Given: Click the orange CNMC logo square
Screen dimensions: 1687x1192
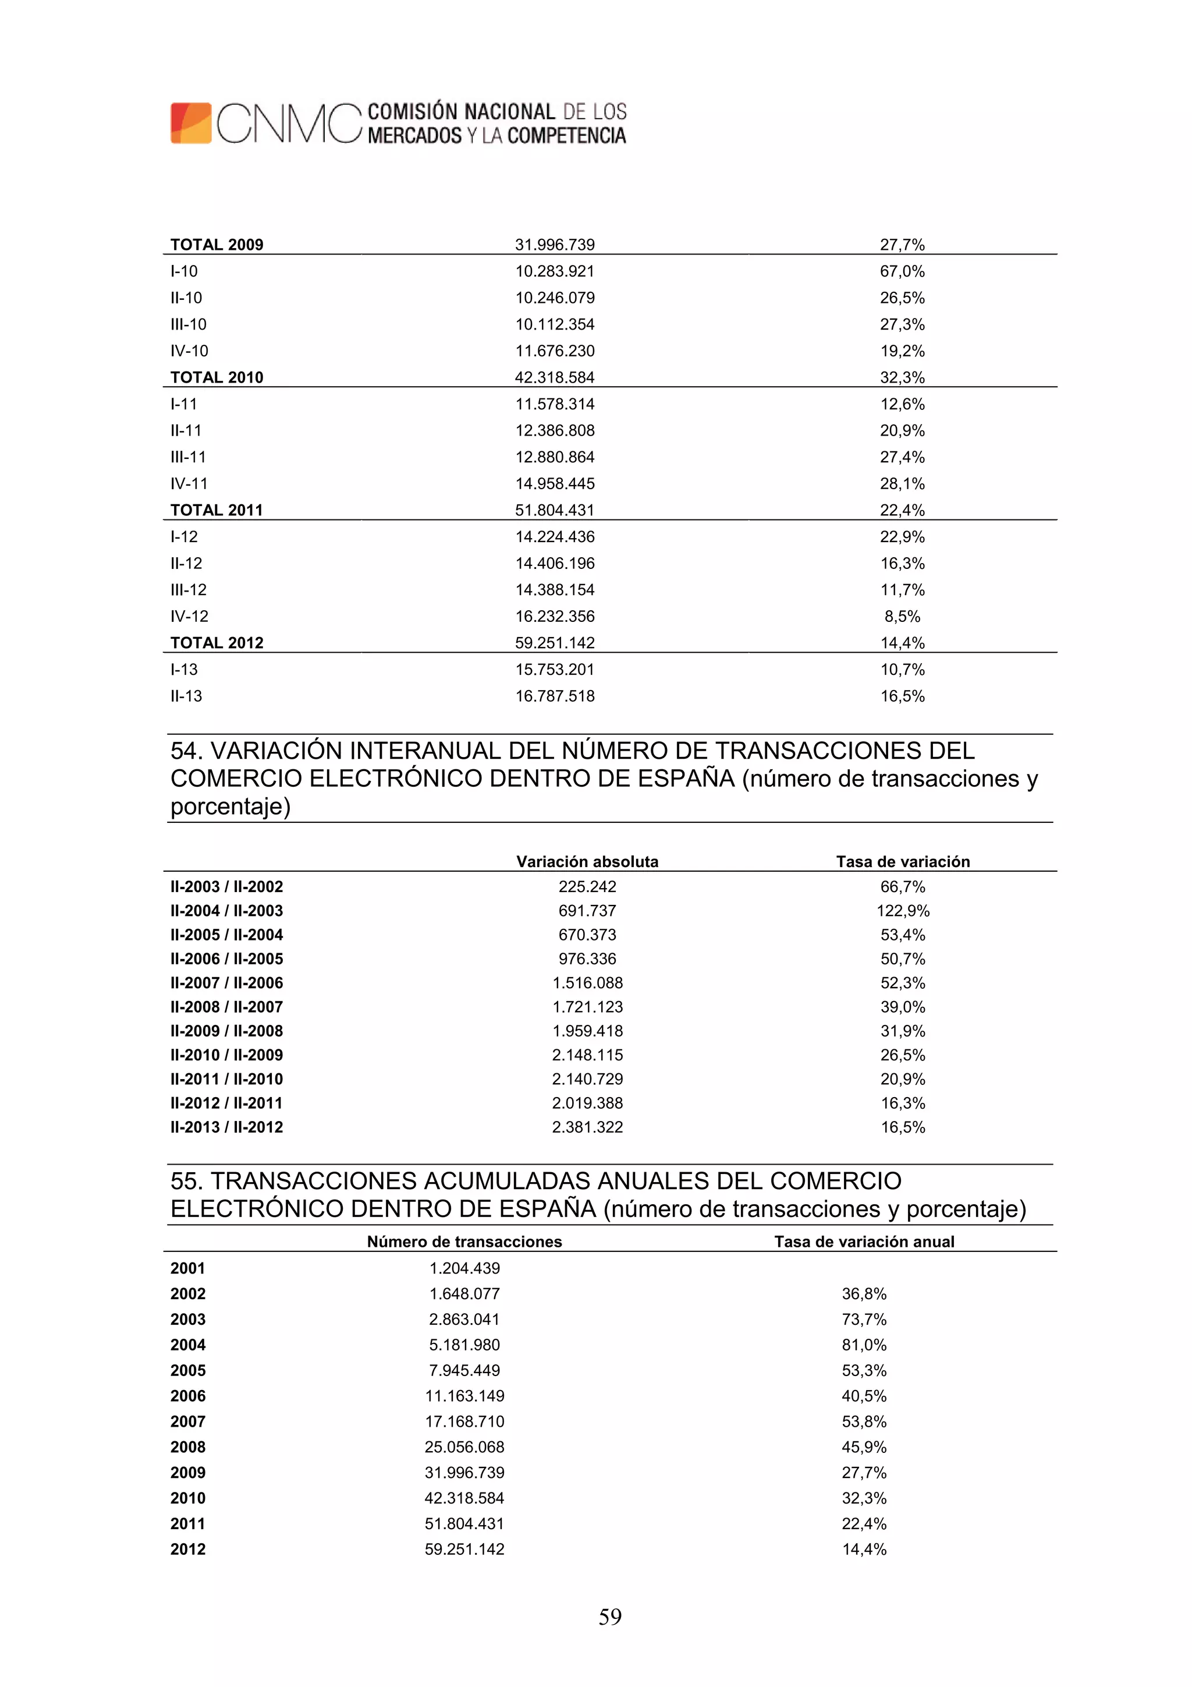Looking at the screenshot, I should pyautogui.click(x=191, y=123).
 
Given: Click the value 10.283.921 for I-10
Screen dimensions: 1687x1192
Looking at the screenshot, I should pyautogui.click(x=555, y=271).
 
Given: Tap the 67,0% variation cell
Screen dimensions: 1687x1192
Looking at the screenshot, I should pyautogui.click(x=902, y=271).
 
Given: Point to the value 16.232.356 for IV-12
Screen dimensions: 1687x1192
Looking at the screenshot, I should pyautogui.click(x=555, y=617).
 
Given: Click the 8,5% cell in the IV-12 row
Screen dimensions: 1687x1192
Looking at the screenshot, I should pyautogui.click(x=902, y=617).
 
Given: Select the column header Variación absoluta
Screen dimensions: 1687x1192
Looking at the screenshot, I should pyautogui.click(x=587, y=861).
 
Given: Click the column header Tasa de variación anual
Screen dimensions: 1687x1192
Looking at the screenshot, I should pyautogui.click(x=864, y=1241).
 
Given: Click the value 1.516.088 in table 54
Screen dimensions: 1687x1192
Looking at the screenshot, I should pyautogui.click(x=587, y=982).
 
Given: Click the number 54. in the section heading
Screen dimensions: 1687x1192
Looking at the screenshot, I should pyautogui.click(x=187, y=751).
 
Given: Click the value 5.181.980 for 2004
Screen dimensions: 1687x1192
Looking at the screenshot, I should pyautogui.click(x=464, y=1345).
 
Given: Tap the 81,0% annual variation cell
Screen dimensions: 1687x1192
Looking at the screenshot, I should pyautogui.click(x=864, y=1345).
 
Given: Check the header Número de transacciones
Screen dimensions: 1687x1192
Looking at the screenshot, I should pyautogui.click(x=464, y=1241).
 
